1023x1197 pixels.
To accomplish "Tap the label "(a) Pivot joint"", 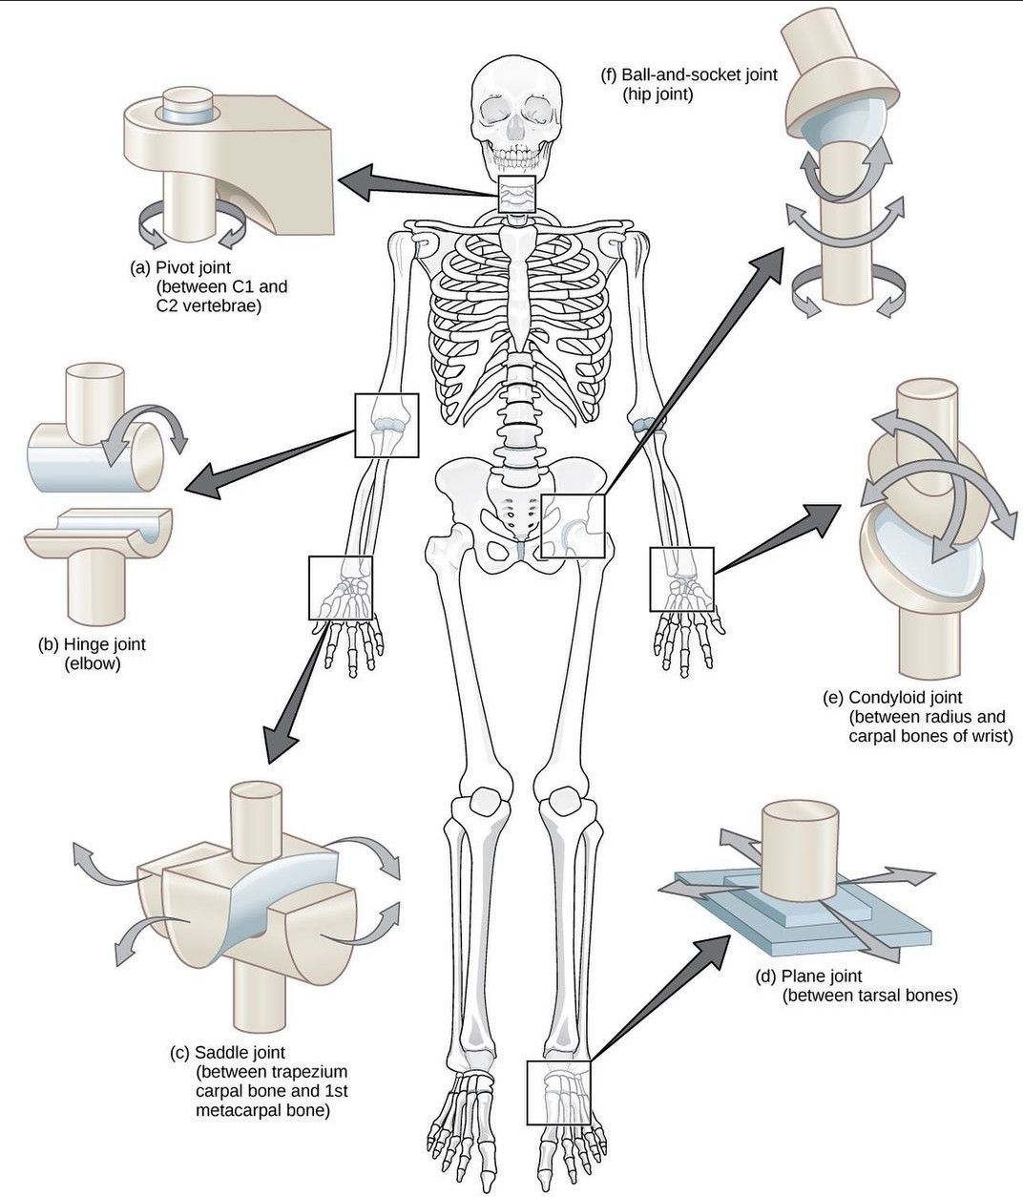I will [x=180, y=266].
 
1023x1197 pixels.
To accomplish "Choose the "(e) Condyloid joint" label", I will [x=892, y=698].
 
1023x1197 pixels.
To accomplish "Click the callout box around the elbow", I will [x=386, y=424].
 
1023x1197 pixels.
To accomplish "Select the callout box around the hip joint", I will [x=574, y=527].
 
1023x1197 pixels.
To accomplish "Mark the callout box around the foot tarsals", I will [x=559, y=1092].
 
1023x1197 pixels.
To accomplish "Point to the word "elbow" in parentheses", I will [x=92, y=664].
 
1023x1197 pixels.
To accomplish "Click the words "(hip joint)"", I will [x=658, y=94].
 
